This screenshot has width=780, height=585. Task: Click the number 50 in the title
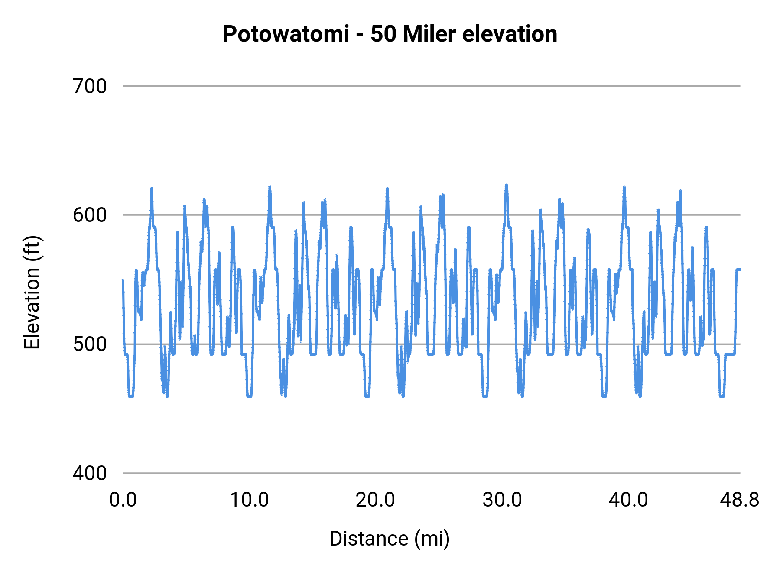coord(383,34)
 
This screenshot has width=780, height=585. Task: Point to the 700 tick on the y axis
coord(90,86)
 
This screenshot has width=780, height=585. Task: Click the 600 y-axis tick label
coord(90,215)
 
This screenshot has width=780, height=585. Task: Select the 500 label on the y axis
coord(90,344)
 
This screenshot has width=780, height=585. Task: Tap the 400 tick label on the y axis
coord(90,473)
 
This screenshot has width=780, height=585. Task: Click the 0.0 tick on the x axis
coord(123,500)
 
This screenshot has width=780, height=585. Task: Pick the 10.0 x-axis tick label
coord(249,500)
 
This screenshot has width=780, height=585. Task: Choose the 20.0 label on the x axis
coord(375,500)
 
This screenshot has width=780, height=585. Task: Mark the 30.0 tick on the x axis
coord(502,500)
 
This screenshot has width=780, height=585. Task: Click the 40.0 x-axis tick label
coord(628,500)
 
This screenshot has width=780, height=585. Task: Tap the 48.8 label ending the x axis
coord(739,500)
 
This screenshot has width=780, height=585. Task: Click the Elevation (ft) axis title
coord(32,292)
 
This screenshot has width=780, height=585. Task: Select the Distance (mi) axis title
coord(390,539)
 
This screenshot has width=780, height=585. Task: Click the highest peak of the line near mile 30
coord(506,185)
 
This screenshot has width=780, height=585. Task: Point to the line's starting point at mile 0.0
coord(123,280)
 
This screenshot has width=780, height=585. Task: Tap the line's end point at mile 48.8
coord(740,269)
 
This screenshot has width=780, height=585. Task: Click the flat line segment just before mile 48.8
coord(730,354)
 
